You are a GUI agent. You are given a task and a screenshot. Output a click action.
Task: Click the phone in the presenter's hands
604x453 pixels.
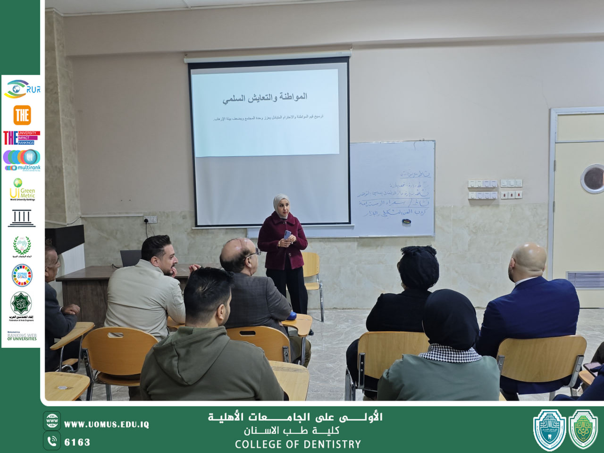click(287, 235)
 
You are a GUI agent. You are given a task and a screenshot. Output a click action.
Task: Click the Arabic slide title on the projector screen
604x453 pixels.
click(265, 98)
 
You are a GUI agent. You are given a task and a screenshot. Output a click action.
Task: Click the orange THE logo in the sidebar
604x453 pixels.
click(22, 115)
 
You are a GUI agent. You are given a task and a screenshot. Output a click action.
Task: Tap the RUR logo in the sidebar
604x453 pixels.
click(22, 89)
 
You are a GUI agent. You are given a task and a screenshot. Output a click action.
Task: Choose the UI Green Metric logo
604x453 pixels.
click(22, 190)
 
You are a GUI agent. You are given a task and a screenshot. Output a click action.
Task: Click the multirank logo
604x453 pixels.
click(22, 160)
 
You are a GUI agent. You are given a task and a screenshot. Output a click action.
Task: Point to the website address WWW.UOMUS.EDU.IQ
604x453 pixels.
click(107, 424)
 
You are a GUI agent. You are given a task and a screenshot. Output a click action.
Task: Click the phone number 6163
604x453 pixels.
click(77, 442)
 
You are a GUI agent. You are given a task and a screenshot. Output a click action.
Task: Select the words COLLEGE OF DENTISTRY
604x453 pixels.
click(298, 444)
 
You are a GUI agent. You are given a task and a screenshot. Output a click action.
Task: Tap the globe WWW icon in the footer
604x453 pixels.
click(52, 420)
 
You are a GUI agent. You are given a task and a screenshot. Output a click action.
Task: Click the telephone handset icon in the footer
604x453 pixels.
click(52, 441)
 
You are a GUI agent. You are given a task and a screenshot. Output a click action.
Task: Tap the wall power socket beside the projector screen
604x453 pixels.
click(150, 219)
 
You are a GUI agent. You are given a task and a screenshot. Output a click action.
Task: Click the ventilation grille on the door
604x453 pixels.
click(585, 279)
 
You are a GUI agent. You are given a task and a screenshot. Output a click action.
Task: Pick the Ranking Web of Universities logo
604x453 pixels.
click(22, 336)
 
